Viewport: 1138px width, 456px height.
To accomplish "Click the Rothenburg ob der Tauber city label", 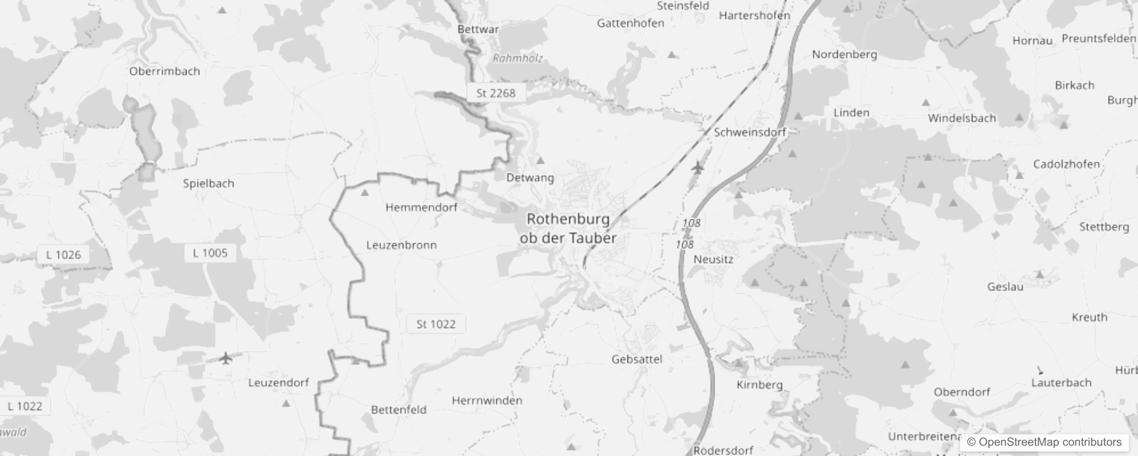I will point(568,228).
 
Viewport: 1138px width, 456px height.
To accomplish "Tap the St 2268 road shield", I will point(495,93).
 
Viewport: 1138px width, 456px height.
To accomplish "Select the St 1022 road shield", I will point(436,324).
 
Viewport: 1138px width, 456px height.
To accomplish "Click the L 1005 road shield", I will point(210,253).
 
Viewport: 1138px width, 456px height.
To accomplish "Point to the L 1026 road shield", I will point(63,255).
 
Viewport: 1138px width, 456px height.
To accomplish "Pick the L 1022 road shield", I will point(25,406).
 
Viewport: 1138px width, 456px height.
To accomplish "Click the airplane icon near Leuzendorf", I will point(226,359).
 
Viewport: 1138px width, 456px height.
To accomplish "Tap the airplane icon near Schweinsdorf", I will point(697,168).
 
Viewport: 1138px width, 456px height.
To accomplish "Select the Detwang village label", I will point(530,178).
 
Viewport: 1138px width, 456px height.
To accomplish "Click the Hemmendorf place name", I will point(421,207).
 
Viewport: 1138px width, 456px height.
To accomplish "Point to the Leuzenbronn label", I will point(401,245).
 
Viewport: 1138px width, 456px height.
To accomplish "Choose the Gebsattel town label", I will point(637,359).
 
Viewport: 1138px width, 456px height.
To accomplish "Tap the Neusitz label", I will point(713,259).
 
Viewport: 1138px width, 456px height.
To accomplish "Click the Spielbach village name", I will point(208,184).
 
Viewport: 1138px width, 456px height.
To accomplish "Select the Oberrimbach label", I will point(164,71).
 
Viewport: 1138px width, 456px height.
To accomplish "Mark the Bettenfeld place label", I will point(399,410).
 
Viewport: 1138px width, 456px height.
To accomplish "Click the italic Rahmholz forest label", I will point(517,58).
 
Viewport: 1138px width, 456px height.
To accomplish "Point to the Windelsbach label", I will point(962,118).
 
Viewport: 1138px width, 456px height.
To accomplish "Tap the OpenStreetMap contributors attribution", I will point(1044,442).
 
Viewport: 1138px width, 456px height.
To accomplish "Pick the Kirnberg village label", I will point(759,385).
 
